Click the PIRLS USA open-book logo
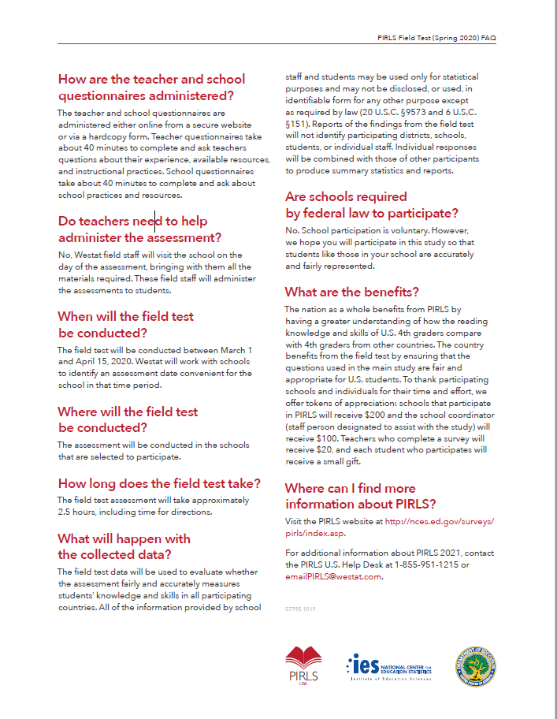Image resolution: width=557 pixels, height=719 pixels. (x=303, y=661)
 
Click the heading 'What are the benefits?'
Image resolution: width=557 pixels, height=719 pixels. (x=351, y=292)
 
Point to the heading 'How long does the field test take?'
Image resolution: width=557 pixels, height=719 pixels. (x=158, y=483)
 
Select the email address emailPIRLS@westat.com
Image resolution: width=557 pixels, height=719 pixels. (x=333, y=576)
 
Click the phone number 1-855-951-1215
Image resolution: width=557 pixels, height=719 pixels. (x=425, y=565)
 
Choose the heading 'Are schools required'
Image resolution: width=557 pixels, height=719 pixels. (x=346, y=196)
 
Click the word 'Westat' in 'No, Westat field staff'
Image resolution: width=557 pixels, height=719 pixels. (x=87, y=255)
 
